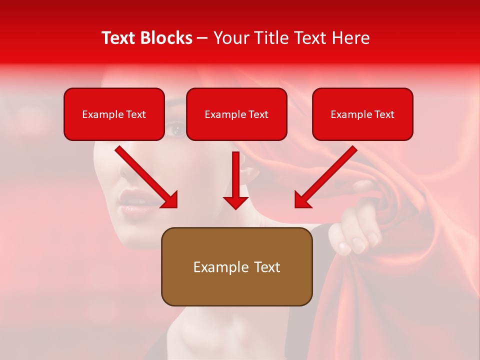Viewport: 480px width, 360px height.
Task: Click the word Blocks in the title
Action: click(x=165, y=38)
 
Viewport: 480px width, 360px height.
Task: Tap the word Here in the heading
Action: click(x=350, y=38)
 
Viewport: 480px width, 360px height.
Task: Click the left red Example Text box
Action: click(x=114, y=114)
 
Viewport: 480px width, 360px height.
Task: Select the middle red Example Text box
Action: click(x=236, y=114)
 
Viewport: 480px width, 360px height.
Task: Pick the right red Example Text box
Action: click(x=362, y=114)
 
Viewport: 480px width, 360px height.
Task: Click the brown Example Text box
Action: click(x=236, y=266)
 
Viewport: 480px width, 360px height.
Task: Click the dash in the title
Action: click(x=202, y=38)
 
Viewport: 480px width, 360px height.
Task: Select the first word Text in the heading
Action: click(x=120, y=38)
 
